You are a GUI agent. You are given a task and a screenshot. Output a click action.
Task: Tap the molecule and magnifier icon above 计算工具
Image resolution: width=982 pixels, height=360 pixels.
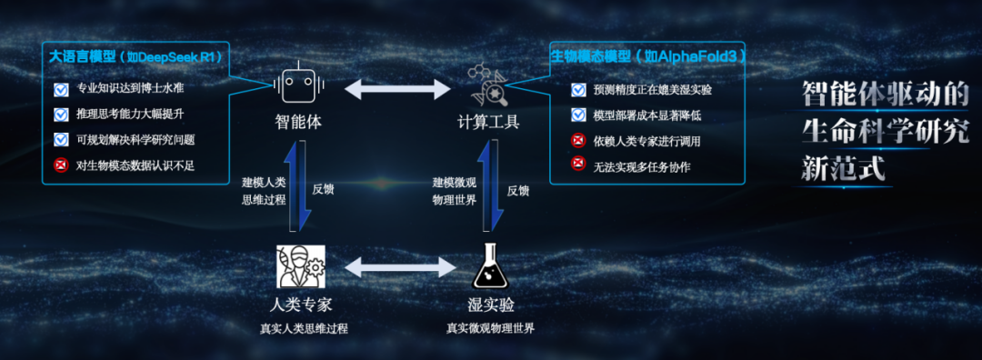[x=488, y=84]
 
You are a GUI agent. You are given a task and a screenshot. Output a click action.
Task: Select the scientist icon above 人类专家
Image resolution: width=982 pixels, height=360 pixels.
[x=301, y=266]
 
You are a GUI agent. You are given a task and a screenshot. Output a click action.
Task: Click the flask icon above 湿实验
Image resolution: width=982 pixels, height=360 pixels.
[x=488, y=266]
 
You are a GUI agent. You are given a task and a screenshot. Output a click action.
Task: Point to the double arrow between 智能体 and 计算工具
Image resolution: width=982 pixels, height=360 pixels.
[x=397, y=88]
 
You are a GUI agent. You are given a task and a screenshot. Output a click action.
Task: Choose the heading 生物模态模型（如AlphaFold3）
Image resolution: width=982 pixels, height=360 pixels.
[x=648, y=56]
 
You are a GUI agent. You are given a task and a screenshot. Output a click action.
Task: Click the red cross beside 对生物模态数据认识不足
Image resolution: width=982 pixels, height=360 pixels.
[x=62, y=165]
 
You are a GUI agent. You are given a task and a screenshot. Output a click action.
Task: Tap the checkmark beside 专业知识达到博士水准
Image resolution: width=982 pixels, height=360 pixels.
[x=62, y=89]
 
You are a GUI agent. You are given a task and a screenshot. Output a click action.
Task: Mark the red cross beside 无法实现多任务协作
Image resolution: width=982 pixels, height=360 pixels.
[x=578, y=165]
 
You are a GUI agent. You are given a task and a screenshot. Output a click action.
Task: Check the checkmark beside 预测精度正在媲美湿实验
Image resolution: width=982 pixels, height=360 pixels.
[x=578, y=89]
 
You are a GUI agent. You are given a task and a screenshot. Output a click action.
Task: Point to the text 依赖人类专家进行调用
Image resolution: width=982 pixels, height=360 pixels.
[x=646, y=140]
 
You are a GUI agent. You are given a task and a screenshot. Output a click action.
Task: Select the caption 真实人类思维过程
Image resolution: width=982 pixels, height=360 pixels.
[x=304, y=328]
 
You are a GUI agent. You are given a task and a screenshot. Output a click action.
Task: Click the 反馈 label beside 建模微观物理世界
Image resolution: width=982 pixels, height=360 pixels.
[x=518, y=190]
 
